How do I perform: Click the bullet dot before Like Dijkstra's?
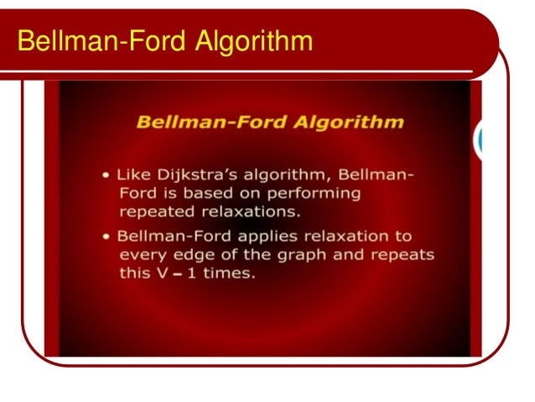[106, 175]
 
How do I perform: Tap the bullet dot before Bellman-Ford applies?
[106, 238]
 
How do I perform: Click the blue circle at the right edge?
[480, 140]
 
